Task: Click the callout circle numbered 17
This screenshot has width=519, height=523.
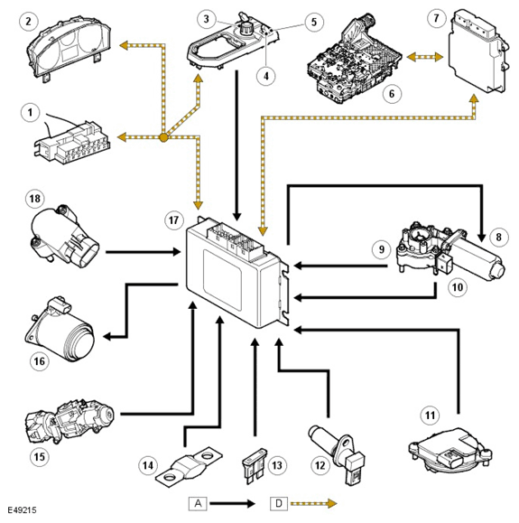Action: click(x=174, y=220)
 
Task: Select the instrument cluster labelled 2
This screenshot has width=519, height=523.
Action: click(x=70, y=50)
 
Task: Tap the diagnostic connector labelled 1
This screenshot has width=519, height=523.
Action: click(x=73, y=141)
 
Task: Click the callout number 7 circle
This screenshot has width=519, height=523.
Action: click(x=437, y=18)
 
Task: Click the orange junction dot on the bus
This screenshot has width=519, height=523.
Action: click(x=163, y=136)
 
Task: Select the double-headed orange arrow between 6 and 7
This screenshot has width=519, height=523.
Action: click(x=426, y=58)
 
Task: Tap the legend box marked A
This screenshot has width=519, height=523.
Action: click(x=198, y=503)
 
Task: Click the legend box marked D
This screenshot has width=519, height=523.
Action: click(x=279, y=503)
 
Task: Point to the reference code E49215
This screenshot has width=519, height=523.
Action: click(x=22, y=510)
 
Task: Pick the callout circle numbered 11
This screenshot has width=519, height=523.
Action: click(x=430, y=416)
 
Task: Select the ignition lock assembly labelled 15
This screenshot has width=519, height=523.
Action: click(x=69, y=422)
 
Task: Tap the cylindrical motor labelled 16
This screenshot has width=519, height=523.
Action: click(x=61, y=328)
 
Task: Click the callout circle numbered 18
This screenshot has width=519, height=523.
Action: click(x=35, y=199)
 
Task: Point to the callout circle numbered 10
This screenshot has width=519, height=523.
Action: click(x=458, y=286)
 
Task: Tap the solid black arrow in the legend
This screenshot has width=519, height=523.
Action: click(x=233, y=503)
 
